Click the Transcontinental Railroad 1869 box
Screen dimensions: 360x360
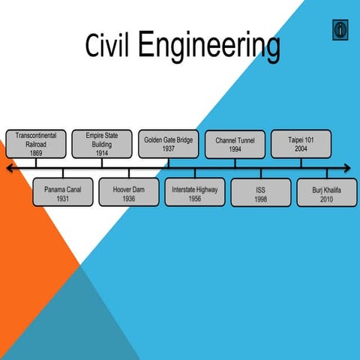(x=36, y=143)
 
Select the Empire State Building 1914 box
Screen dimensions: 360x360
(x=101, y=143)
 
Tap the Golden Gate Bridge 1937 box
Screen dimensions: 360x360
(x=169, y=143)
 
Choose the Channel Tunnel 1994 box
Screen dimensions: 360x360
(x=235, y=143)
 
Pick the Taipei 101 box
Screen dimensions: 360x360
(x=300, y=143)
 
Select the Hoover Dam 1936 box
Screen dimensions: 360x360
(x=128, y=193)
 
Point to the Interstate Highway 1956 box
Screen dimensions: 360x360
(x=195, y=193)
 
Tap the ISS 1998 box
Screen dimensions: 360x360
(x=260, y=193)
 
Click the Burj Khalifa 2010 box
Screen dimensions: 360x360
(x=326, y=193)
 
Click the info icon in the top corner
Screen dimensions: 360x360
(x=341, y=30)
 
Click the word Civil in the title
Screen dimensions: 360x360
(x=106, y=46)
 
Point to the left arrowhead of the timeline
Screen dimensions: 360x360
(x=9, y=169)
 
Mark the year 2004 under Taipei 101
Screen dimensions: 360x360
(x=300, y=149)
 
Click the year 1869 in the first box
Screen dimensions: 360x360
(x=36, y=153)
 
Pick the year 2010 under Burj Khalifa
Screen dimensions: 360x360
(x=326, y=199)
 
